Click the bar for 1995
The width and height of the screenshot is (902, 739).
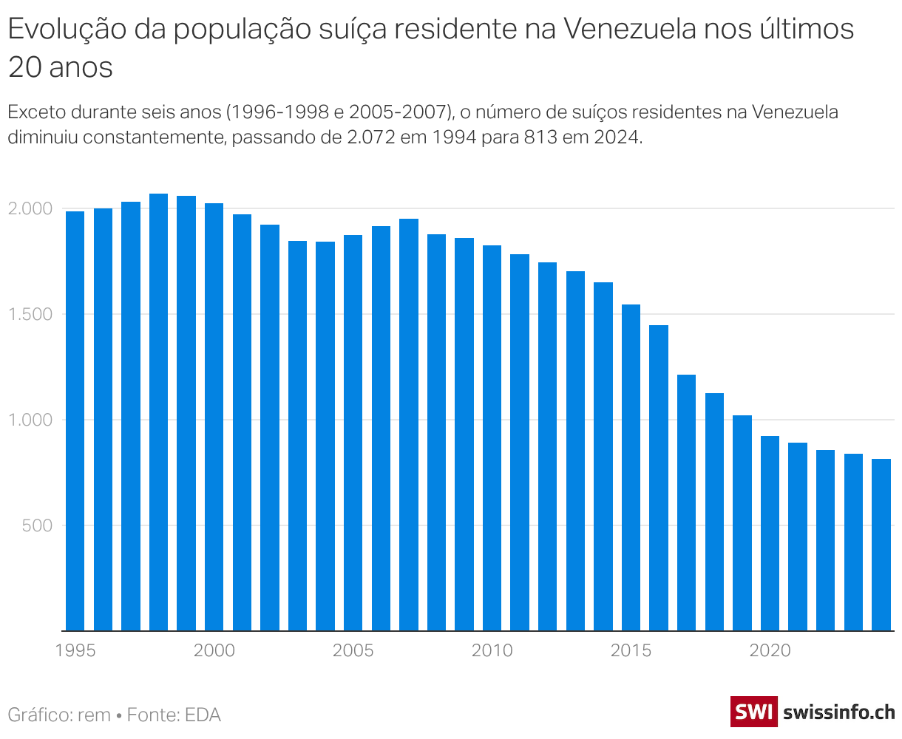point(75,421)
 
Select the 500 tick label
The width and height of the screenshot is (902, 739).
point(38,525)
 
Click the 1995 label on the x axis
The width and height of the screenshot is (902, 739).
point(75,650)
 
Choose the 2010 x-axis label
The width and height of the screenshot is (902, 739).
point(492,650)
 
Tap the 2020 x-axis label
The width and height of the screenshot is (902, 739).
point(770,650)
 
